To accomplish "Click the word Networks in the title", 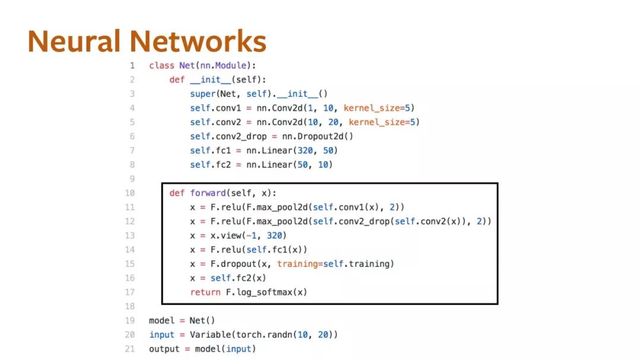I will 198,42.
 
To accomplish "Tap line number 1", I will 132,65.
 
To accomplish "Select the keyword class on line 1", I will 161,65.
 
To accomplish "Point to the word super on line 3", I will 202,94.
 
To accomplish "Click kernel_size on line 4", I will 372,108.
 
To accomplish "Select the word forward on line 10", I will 207,193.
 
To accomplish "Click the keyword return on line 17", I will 205,292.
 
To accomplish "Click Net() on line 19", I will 202,321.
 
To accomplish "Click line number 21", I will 131,349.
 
